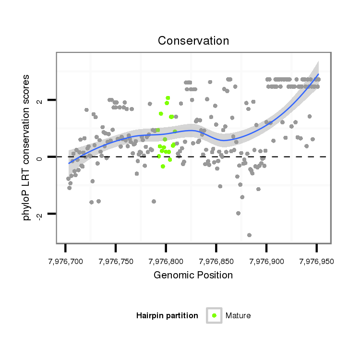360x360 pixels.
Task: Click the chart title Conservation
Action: [193, 41]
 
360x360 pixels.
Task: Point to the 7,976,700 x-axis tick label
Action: [65, 262]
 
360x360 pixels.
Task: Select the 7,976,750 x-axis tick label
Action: [116, 262]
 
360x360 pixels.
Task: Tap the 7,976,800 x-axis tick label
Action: [166, 262]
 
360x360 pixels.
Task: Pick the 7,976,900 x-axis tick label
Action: [266, 262]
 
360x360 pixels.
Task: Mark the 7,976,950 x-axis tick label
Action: [316, 262]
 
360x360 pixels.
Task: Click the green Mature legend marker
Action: [214, 315]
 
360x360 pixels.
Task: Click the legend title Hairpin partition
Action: [167, 316]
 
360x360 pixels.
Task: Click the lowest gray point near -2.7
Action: [249, 235]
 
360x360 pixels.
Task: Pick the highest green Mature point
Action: [168, 98]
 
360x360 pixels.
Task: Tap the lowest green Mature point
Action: [163, 167]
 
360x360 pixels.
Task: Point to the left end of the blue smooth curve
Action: [69, 163]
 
